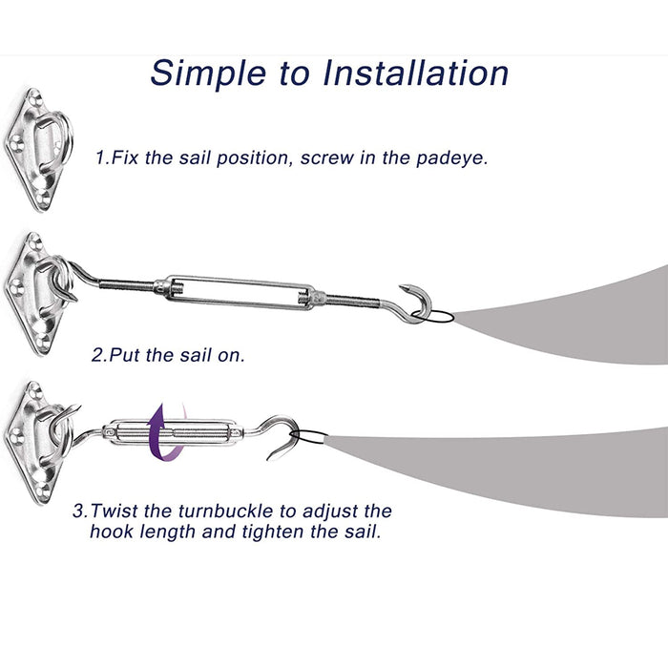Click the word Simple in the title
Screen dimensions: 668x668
click(208, 74)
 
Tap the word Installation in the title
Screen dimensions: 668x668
click(416, 73)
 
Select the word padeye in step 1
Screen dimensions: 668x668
click(450, 158)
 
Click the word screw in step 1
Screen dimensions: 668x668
click(326, 158)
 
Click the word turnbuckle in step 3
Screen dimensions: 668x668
click(226, 511)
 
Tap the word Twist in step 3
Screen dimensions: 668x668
click(114, 511)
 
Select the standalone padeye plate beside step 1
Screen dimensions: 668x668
click(37, 150)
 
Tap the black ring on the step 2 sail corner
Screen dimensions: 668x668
click(432, 317)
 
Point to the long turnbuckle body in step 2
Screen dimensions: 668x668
click(236, 292)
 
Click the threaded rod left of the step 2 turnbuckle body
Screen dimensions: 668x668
click(127, 284)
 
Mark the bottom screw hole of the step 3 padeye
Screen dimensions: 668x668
click(42, 493)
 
